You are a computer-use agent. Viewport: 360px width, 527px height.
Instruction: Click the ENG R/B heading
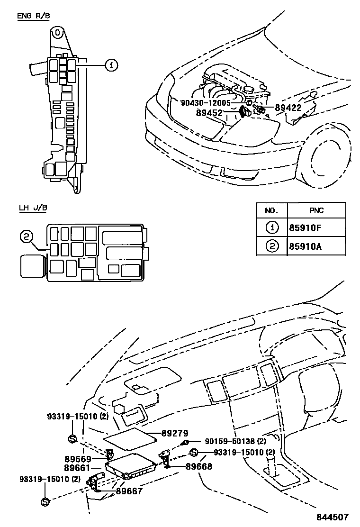[x=33, y=16]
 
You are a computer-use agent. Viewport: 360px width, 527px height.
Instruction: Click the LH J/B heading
[x=33, y=208]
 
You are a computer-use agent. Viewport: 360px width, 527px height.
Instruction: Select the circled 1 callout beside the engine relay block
[x=110, y=65]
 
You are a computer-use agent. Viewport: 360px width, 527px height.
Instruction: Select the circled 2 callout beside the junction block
[x=27, y=236]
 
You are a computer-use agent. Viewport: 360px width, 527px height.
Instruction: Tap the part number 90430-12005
[x=205, y=103]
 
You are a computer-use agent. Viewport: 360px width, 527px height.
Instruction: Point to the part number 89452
[x=209, y=113]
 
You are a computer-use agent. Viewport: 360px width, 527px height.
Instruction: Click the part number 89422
[x=288, y=108]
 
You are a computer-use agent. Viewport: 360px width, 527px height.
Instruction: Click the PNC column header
[x=315, y=210]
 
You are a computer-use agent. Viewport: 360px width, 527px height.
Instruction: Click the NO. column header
[x=271, y=210]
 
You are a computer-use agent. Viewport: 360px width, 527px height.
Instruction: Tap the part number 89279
[x=175, y=433]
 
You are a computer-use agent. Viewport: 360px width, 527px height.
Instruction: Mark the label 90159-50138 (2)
[x=235, y=441]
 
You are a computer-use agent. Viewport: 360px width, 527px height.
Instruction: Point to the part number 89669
[x=78, y=459]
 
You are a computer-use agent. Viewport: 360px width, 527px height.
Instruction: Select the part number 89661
[x=78, y=468]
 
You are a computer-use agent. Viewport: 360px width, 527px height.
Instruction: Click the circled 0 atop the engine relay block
[x=57, y=33]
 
